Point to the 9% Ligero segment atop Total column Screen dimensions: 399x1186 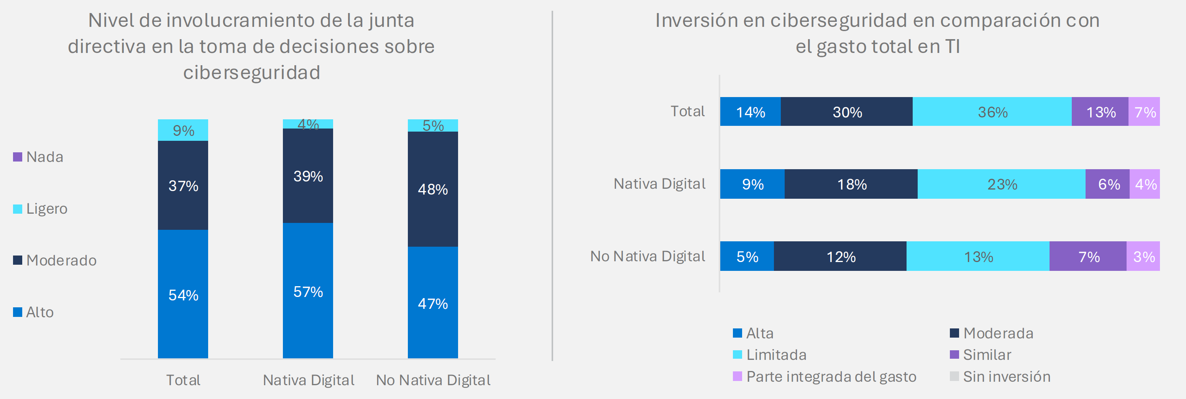coord(183,130)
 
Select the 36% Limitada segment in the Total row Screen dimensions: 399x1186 coord(992,112)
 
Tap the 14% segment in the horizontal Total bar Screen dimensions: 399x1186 coord(750,112)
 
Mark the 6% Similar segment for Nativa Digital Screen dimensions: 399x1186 coord(1108,184)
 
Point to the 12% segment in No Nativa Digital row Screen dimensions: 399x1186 coord(840,257)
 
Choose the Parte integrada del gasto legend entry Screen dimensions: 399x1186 coord(825,377)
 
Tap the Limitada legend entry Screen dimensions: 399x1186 coord(770,355)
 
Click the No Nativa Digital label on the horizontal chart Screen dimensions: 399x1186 coord(647,256)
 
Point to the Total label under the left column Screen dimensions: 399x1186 coord(183,380)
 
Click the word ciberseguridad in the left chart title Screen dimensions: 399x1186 coord(251,73)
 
